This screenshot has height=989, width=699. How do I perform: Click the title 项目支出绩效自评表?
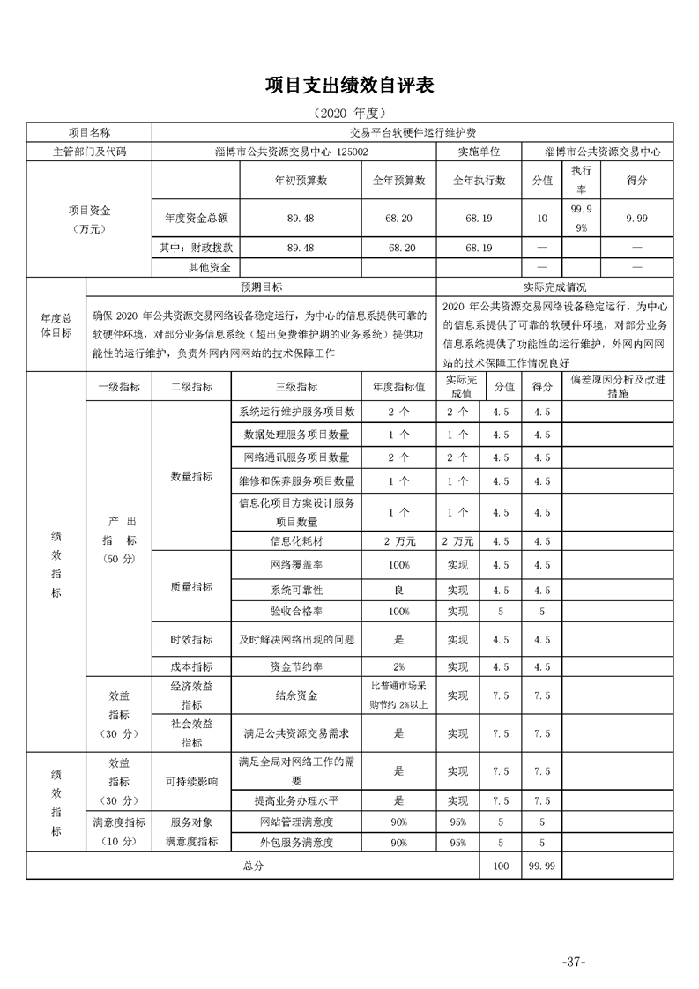[x=350, y=86]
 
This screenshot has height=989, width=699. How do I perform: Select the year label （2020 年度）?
[x=349, y=114]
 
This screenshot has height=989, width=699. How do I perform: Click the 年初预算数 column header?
[x=301, y=180]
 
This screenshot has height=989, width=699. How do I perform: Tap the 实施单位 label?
[x=479, y=152]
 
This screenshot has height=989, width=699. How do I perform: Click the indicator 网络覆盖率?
[x=296, y=565]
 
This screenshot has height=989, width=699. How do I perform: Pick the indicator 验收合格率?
[x=296, y=610]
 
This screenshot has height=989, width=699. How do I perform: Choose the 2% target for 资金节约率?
[x=398, y=666]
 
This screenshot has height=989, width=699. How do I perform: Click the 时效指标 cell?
[x=191, y=639]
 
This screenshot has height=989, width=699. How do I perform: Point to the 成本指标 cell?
[x=191, y=666]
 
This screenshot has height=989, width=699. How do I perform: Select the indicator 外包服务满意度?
[x=296, y=842]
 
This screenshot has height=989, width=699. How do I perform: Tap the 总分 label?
[x=253, y=866]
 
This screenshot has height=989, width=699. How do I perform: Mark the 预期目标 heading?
[x=262, y=286]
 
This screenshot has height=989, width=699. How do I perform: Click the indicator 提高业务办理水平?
[x=296, y=800]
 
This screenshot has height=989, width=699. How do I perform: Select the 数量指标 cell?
[x=191, y=476]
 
